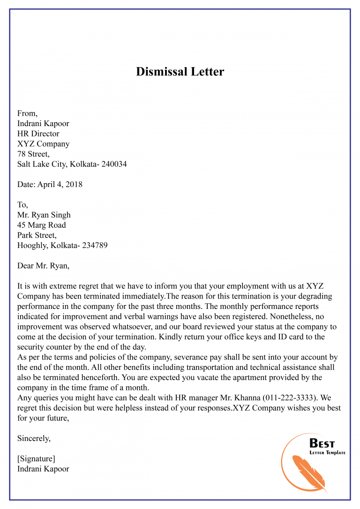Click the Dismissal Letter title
pos(180,72)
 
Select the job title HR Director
pos(38,134)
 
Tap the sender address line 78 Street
pos(33,154)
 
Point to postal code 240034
pos(112,165)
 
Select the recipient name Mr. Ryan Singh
pos(44,215)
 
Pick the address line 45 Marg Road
pos(42,225)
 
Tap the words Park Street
pos(37,235)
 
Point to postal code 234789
pos(95,246)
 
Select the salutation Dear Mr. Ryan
pos(43,266)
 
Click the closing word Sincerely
pos(34,439)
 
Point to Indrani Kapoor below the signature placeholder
pos(43,469)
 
